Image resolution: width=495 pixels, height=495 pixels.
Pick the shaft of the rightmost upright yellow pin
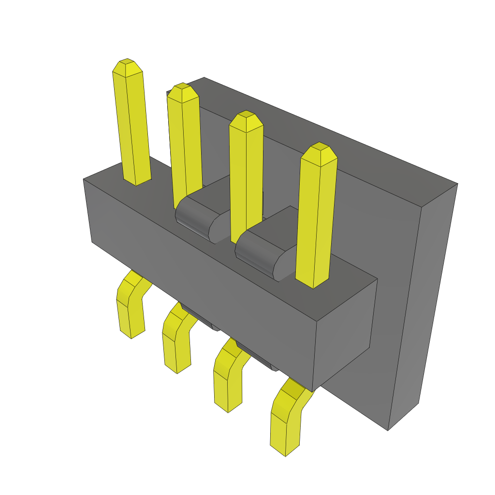click(x=315, y=222)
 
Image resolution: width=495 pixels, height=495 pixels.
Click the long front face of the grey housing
click(x=203, y=271)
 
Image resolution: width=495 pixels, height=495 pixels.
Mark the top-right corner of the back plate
click(x=457, y=184)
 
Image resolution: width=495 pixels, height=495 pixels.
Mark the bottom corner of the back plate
click(x=388, y=430)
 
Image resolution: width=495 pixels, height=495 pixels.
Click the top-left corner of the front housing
click(x=84, y=180)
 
